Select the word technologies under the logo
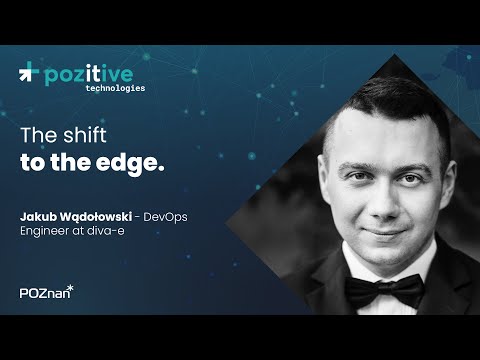pyautogui.click(x=108, y=88)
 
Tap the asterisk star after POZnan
pyautogui.click(x=70, y=288)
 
